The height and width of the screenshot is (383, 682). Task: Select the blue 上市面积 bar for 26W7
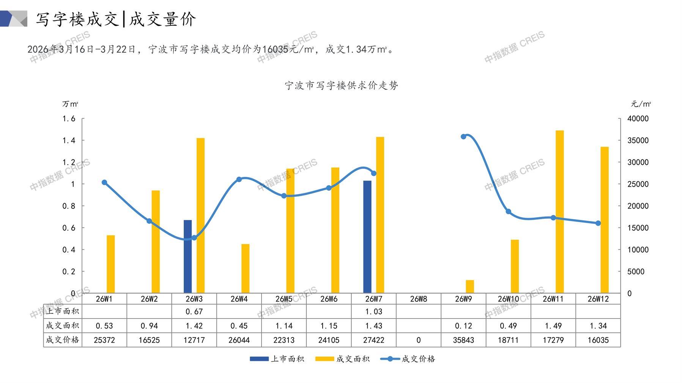[367, 237]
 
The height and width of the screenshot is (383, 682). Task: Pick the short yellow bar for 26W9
[470, 286]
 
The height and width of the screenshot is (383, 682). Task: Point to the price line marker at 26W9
[463, 137]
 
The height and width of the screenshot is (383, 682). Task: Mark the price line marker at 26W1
[104, 182]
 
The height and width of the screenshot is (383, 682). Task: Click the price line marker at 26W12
[598, 223]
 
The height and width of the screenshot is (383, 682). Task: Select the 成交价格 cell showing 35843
[463, 340]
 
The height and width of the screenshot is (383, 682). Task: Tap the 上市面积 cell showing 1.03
[373, 311]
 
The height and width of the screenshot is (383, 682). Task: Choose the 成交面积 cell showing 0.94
[149, 326]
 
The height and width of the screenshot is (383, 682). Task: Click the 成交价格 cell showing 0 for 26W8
[418, 340]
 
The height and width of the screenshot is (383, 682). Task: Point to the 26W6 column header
[329, 299]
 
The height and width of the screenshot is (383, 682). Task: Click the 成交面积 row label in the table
[63, 326]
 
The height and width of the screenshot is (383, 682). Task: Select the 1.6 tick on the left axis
[69, 119]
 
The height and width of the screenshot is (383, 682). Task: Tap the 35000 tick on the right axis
[638, 140]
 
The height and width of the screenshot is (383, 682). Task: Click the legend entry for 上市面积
[277, 359]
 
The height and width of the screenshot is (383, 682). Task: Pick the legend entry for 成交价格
[408, 359]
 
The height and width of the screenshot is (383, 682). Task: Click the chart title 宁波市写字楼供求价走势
[341, 85]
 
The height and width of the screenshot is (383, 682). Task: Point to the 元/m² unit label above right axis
[641, 104]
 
